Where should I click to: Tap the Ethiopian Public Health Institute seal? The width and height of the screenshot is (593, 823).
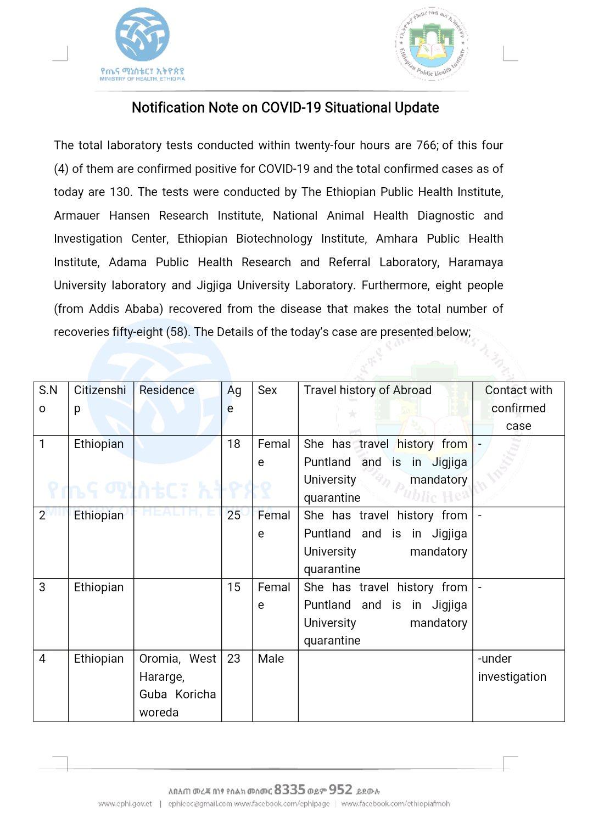pyautogui.click(x=432, y=44)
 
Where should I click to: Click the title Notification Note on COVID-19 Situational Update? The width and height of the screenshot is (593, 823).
pyautogui.click(x=285, y=108)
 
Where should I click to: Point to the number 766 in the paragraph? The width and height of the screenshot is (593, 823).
pyautogui.click(x=426, y=145)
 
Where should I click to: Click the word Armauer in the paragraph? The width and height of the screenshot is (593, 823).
pyautogui.click(x=77, y=216)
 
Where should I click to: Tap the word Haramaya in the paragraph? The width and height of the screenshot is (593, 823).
pyautogui.click(x=475, y=262)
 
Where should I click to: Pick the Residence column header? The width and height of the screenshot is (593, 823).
pyautogui.click(x=167, y=390)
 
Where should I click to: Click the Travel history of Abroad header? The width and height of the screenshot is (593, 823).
pyautogui.click(x=367, y=390)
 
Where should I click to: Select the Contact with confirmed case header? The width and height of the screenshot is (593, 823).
pyautogui.click(x=518, y=408)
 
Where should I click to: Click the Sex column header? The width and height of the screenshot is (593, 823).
pyautogui.click(x=267, y=390)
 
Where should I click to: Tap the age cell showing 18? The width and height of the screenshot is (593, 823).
pyautogui.click(x=234, y=444)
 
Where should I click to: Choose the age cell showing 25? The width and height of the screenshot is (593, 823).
pyautogui.click(x=234, y=516)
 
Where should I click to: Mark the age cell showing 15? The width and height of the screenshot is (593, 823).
pyautogui.click(x=234, y=587)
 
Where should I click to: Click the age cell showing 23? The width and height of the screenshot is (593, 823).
pyautogui.click(x=234, y=659)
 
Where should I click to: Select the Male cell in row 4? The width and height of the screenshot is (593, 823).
pyautogui.click(x=271, y=659)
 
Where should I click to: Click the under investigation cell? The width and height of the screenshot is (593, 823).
pyautogui.click(x=512, y=668)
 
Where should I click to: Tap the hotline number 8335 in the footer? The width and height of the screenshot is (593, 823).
pyautogui.click(x=289, y=790)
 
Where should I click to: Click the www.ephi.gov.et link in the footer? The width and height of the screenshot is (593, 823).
pyautogui.click(x=125, y=804)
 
